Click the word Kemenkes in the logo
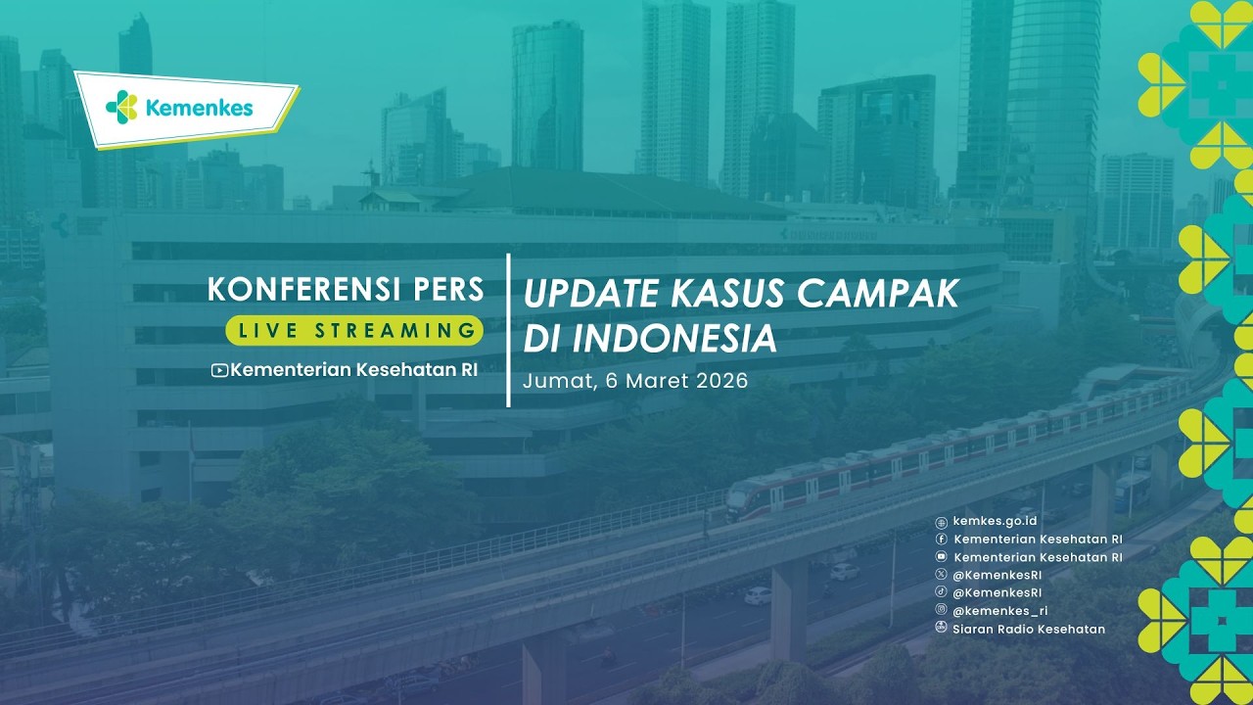click(199, 108)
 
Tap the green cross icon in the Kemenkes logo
click(122, 106)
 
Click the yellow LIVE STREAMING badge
click(354, 330)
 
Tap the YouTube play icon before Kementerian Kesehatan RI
click(219, 370)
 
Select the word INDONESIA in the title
click(674, 339)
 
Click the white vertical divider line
click(508, 330)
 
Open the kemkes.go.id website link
click(995, 522)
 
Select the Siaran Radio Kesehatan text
click(1028, 629)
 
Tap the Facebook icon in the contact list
click(941, 540)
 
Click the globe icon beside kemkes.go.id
click(941, 522)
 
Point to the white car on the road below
click(758, 594)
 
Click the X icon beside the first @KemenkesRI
click(941, 575)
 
